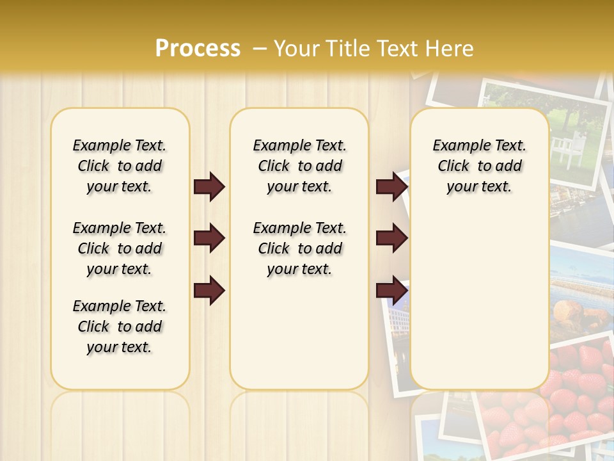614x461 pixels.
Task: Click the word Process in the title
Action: tap(198, 49)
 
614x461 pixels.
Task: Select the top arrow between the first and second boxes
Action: tap(209, 187)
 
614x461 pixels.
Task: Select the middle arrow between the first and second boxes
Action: tap(209, 238)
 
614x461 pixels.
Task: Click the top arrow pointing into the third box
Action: tap(391, 187)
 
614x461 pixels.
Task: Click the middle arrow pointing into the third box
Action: tap(391, 238)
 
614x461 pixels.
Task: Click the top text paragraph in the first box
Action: tap(120, 166)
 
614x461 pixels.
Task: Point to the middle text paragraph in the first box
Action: tap(120, 248)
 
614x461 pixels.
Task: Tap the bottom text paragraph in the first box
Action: tap(120, 327)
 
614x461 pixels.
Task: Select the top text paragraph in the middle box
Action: tap(300, 166)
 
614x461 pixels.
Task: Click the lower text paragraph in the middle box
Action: tap(300, 248)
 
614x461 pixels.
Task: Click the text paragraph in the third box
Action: tap(480, 166)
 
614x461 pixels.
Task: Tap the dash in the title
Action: tap(260, 49)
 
